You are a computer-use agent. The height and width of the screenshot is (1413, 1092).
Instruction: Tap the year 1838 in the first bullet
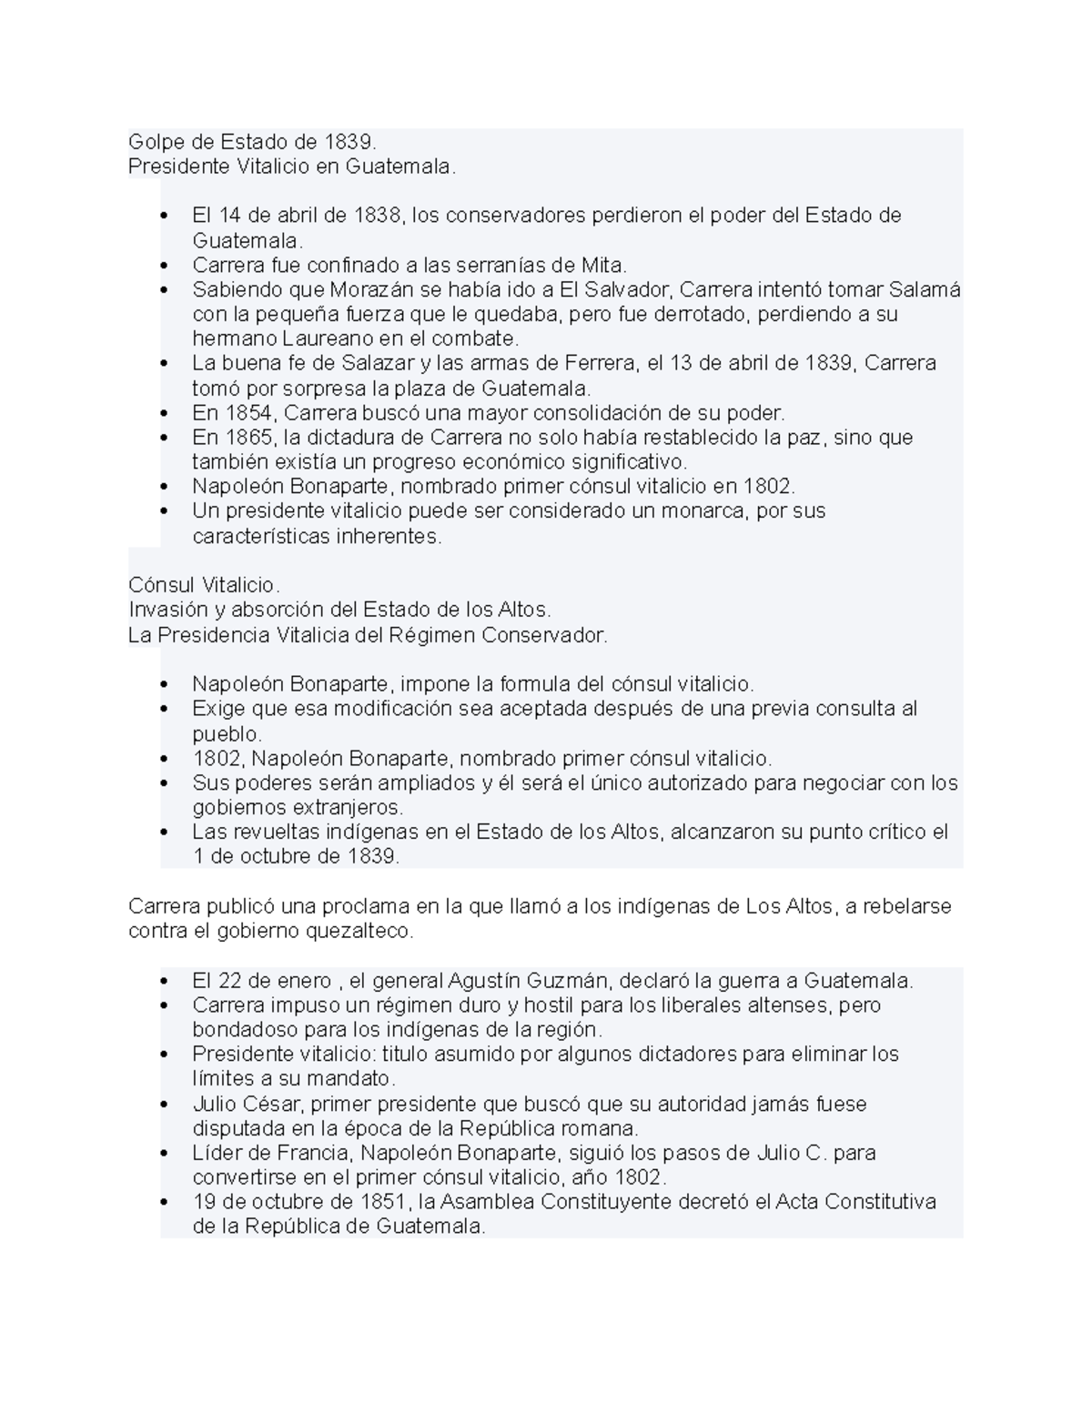point(377,216)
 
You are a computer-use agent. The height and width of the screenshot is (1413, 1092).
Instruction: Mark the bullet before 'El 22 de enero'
point(164,982)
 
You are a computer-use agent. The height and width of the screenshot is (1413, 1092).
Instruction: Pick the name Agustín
point(485,981)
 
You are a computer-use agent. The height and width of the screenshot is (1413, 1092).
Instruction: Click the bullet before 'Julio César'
point(164,1105)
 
